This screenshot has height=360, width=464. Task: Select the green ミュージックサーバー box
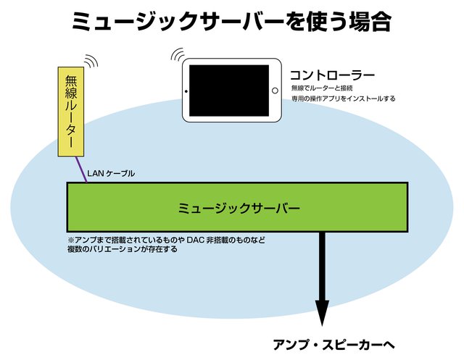pos(238,208)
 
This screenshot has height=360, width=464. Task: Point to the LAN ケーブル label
pos(111,174)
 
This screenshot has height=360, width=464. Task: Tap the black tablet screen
pos(231,91)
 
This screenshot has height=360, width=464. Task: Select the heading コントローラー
pos(332,75)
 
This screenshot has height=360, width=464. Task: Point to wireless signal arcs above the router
pos(91,61)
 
